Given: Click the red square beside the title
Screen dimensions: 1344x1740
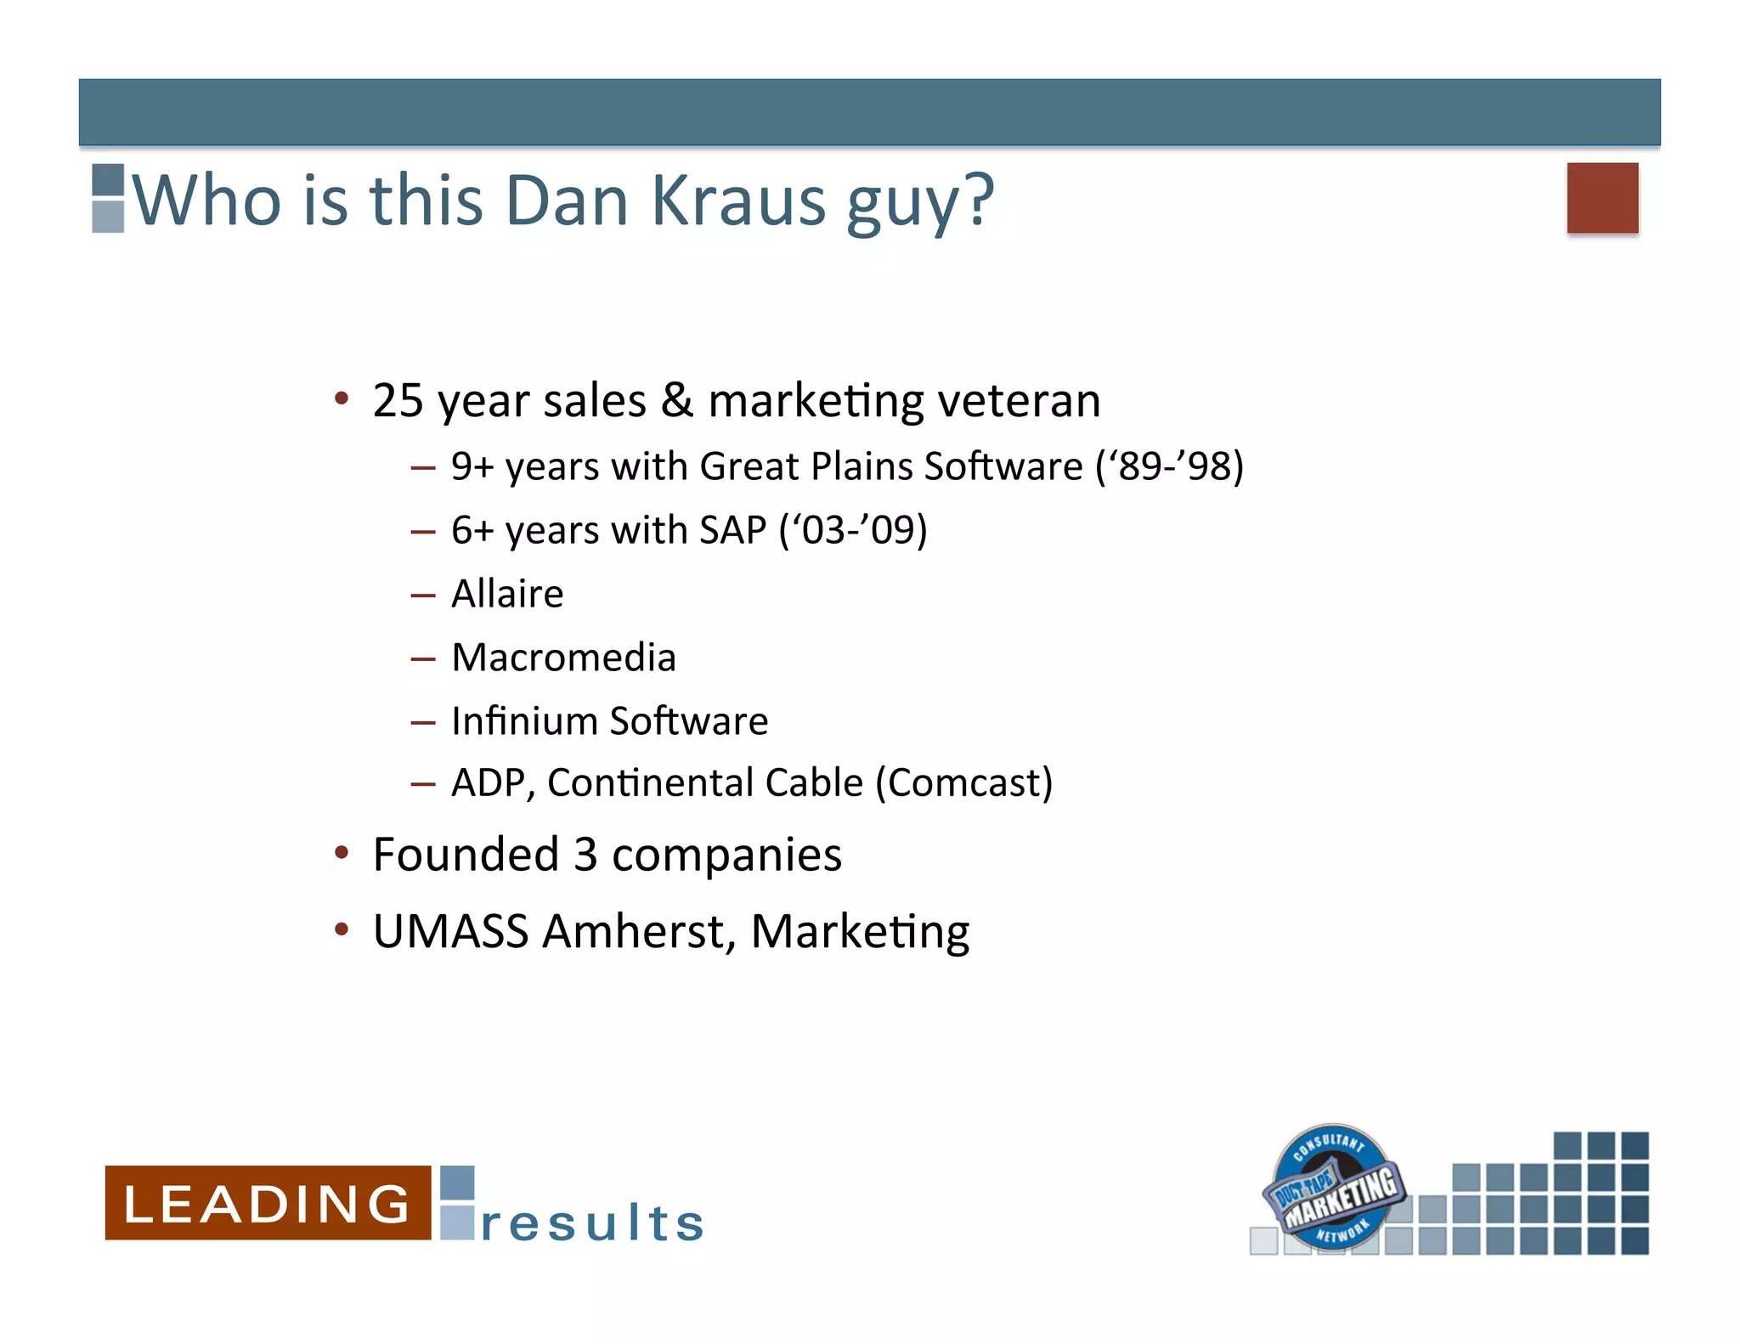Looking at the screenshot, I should pos(1602,198).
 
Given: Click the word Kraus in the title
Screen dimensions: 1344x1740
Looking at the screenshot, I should pos(738,201).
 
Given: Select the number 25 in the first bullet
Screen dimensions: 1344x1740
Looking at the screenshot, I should pos(398,400).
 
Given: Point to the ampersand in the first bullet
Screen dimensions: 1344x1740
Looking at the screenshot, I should pos(677,400).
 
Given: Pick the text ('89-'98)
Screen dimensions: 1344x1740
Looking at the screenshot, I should pos(1170,466).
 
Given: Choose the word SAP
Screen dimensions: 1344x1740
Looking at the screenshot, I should pos(732,530).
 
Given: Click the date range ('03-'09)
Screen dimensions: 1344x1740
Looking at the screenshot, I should pos(853,530).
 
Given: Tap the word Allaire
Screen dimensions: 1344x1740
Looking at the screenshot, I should pos(507,594).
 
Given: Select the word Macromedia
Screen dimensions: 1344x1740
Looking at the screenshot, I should pos(563,658).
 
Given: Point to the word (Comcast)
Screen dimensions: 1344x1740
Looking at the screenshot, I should pos(964,782).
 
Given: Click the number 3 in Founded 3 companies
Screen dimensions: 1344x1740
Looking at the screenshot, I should pos(585,855).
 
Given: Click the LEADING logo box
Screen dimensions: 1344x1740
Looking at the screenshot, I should pos(268,1203).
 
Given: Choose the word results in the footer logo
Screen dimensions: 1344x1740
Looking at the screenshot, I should pos(592,1223).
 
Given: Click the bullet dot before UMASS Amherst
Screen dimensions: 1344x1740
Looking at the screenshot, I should pos(342,929).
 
